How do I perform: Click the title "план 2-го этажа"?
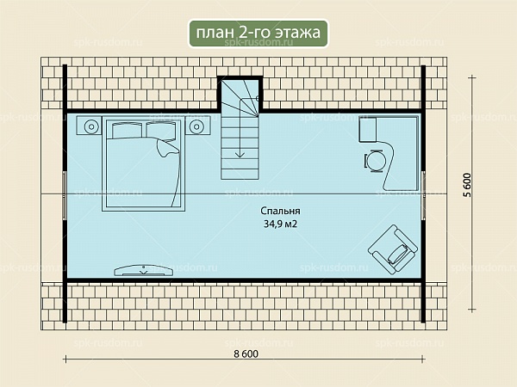258,33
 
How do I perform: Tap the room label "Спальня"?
280,211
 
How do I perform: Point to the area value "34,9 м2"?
280,224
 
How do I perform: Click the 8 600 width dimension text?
246,353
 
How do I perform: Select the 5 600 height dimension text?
468,185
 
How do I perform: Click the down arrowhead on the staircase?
240,154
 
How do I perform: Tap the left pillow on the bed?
127,131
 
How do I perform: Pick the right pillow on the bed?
160,131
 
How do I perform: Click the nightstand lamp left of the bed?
91,126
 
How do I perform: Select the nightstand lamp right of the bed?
196,126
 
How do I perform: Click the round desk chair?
375,161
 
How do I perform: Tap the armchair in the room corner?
392,249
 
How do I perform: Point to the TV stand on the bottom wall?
144,270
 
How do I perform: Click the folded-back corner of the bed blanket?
168,148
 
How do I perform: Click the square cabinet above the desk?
368,130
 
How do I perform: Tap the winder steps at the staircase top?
240,98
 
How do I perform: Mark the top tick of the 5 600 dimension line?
472,77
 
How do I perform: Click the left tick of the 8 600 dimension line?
65,359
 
